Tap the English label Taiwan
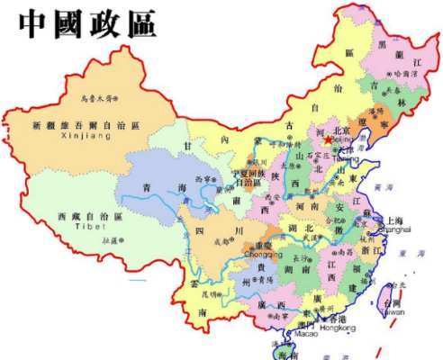[x=391, y=311]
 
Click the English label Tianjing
[x=346, y=158]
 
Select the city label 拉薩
[x=112, y=241]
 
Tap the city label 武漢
[x=311, y=237]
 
